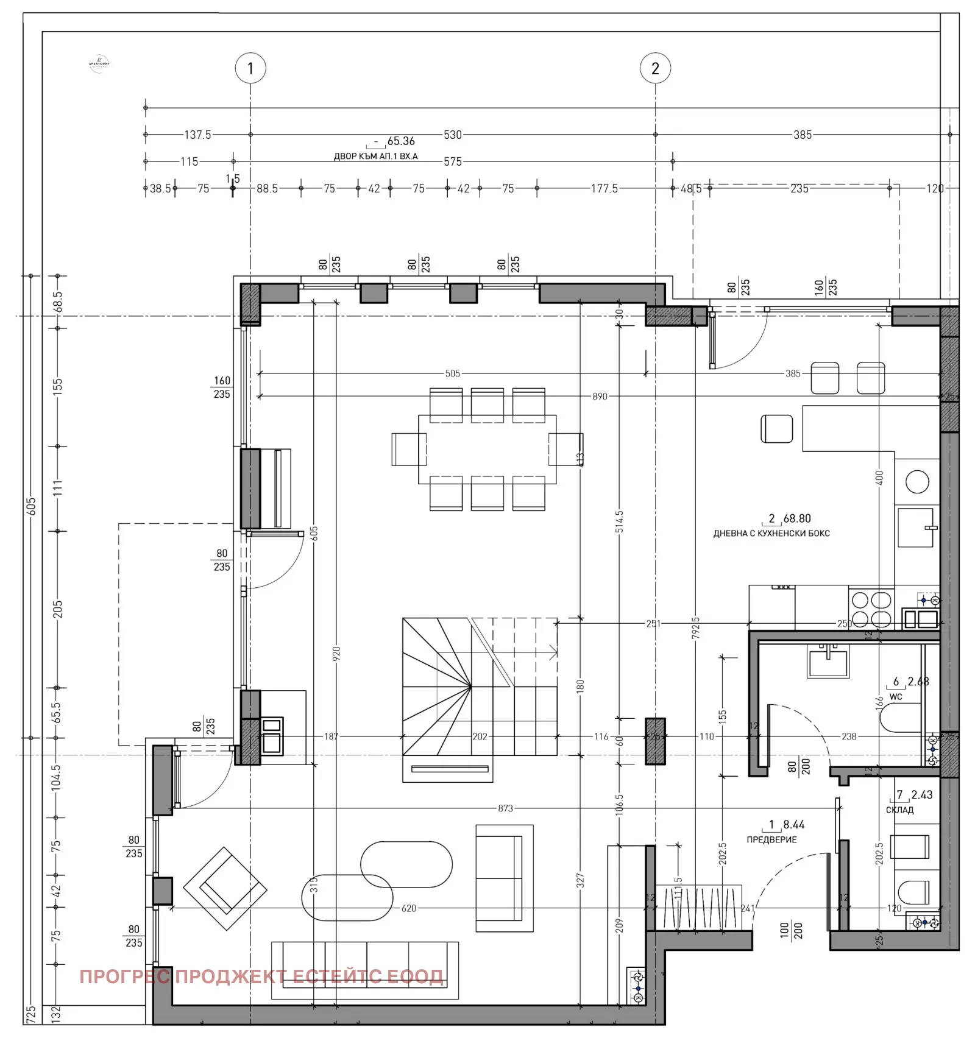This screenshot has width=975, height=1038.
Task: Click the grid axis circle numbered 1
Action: click(x=250, y=68)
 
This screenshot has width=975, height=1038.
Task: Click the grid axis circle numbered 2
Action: click(x=655, y=68)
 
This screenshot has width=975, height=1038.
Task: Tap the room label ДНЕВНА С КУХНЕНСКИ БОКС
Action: click(x=771, y=534)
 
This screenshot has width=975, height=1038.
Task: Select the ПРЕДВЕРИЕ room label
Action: click(x=771, y=840)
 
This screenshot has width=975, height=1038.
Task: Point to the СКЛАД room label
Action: click(x=899, y=810)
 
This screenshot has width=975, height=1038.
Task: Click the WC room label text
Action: click(x=895, y=697)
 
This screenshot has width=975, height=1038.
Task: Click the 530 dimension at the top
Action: click(x=452, y=135)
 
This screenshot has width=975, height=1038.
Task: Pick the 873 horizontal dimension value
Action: click(x=505, y=809)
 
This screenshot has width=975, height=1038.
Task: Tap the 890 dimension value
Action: click(x=600, y=397)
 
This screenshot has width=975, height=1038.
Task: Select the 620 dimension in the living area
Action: click(x=408, y=909)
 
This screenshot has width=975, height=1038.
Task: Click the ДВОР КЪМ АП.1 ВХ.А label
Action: click(x=375, y=157)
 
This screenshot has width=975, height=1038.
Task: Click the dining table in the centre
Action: click(x=487, y=449)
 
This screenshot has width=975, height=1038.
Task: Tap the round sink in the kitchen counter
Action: click(x=917, y=482)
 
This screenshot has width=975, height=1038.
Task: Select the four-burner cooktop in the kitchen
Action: click(x=871, y=610)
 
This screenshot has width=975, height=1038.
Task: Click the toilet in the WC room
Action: click(x=901, y=718)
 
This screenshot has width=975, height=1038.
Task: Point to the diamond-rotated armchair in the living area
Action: click(x=225, y=888)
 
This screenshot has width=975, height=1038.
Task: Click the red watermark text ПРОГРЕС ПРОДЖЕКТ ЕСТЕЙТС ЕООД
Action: click(x=261, y=977)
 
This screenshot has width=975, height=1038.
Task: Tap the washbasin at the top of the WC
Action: click(x=827, y=663)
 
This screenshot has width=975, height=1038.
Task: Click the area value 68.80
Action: click(x=797, y=518)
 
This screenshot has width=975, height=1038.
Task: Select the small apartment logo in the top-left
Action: click(x=99, y=64)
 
